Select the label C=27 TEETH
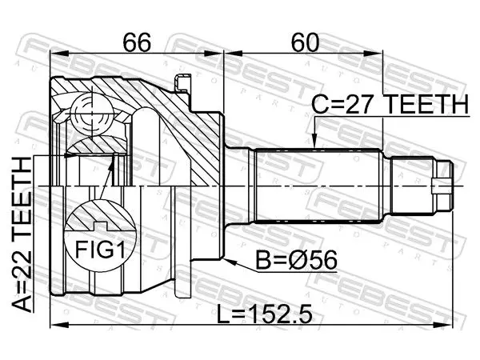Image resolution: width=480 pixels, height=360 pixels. tap(390, 104)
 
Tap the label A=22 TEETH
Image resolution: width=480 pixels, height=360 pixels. tap(22, 234)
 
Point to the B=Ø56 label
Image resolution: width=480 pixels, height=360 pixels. tap(296, 260)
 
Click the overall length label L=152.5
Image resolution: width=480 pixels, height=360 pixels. tap(265, 314)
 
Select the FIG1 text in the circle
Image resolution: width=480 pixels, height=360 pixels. tap(100, 250)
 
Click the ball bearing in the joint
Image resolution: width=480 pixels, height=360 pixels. tap(91, 114)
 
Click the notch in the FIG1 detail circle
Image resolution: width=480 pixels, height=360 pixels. tap(100, 226)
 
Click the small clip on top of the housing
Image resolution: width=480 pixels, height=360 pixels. tap(182, 82)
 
